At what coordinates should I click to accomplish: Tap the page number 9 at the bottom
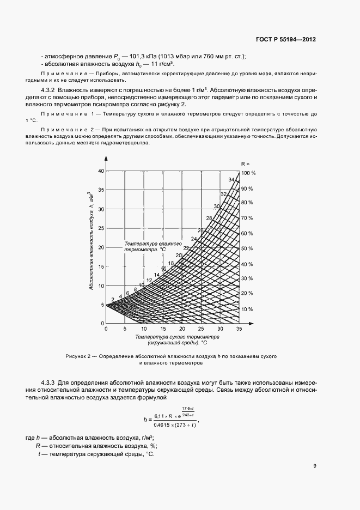coord(314,465)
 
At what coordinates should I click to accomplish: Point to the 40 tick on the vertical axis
coord(100,171)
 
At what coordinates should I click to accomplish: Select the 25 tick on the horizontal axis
coord(201,330)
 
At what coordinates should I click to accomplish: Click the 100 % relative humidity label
coord(248,173)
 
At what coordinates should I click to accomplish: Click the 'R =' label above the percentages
coord(245,163)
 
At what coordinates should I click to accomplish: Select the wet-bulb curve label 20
coord(178,256)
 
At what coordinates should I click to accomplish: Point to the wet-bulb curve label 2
coord(113,299)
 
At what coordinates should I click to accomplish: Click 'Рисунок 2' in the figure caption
coord(81,356)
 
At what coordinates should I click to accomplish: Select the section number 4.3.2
coord(48,89)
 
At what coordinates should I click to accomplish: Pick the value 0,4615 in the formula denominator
coord(162,425)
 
